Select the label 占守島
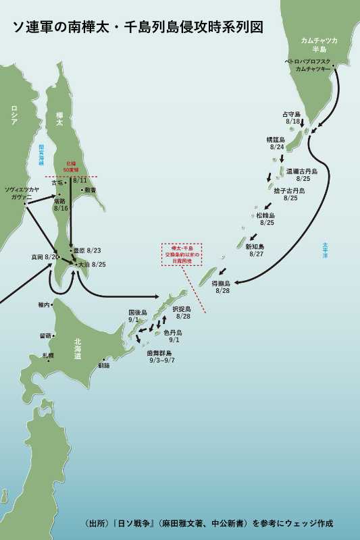click(x=291, y=114)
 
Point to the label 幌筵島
click(x=276, y=139)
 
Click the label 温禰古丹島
click(x=301, y=171)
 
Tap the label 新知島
click(x=255, y=247)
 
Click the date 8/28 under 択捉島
click(x=182, y=316)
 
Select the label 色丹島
click(x=172, y=333)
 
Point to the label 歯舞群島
click(x=159, y=353)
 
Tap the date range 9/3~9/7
click(x=162, y=360)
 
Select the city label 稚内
click(x=45, y=305)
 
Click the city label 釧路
click(x=104, y=365)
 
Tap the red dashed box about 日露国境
click(x=182, y=254)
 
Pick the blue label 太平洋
click(x=326, y=250)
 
